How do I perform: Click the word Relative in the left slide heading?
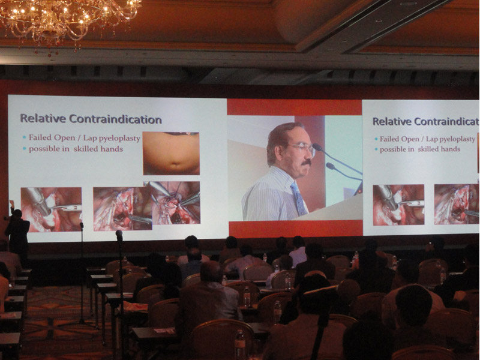[x=43, y=118]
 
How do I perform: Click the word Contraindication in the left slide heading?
[x=115, y=119]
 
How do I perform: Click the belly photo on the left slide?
[x=171, y=154]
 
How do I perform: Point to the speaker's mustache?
[x=306, y=163]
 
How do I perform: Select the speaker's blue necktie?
[x=299, y=199]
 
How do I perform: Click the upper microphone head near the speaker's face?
[x=317, y=147]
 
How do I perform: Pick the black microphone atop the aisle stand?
[x=119, y=235]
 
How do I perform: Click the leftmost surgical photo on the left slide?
[x=51, y=209]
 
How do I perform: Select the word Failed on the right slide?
[x=389, y=139]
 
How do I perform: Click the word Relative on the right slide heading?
[x=393, y=121]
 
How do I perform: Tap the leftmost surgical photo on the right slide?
[x=398, y=205]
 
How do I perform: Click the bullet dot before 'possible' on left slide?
[x=25, y=149]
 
